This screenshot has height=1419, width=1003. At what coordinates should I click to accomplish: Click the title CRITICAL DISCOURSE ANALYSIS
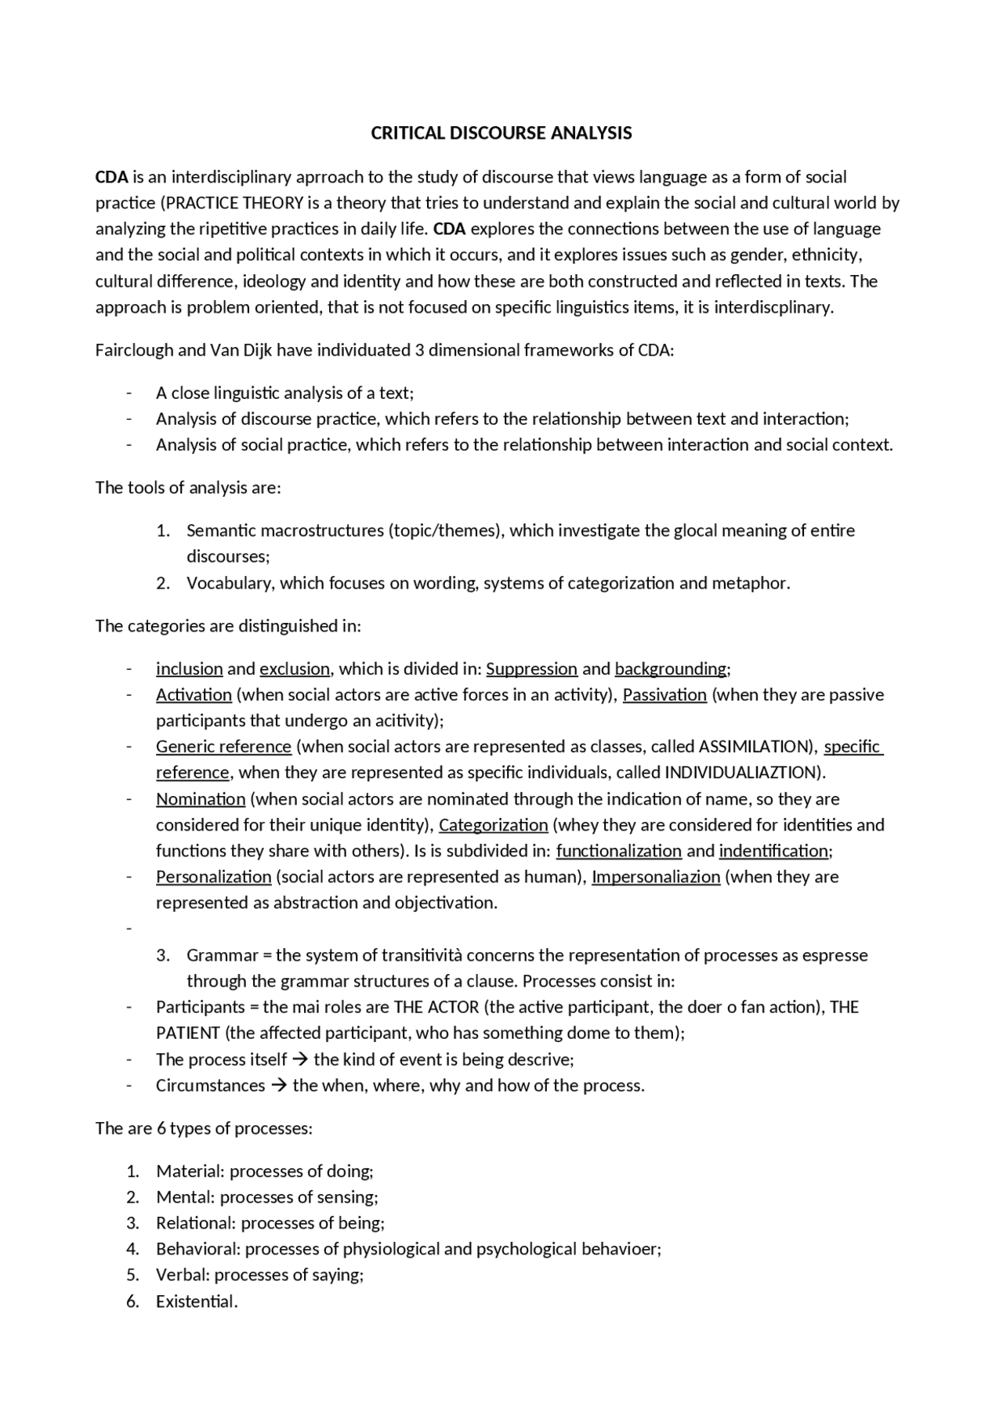501,133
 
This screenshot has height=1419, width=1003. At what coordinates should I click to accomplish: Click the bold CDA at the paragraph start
111,177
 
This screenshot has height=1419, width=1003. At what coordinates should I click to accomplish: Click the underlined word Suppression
531,669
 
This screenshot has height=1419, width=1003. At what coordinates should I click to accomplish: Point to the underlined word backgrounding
671,669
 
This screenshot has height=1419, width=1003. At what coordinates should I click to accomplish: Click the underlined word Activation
194,695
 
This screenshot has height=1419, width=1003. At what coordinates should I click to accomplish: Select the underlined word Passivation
664,695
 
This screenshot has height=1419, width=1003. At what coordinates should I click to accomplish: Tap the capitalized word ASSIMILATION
752,747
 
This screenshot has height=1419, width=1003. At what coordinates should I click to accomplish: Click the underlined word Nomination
201,799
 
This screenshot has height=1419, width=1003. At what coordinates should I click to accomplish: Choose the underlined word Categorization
493,825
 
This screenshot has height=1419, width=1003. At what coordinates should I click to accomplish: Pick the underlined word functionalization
618,851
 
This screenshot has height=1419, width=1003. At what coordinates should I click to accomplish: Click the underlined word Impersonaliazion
655,877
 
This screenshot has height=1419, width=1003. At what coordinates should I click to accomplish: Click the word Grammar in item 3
222,955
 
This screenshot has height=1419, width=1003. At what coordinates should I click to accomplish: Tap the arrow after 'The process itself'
300,1060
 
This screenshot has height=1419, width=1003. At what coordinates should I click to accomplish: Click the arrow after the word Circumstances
279,1086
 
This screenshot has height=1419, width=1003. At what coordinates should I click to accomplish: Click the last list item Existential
196,1301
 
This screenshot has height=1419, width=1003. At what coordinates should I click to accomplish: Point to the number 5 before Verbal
132,1275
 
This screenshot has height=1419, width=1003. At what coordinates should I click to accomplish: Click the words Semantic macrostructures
285,530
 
